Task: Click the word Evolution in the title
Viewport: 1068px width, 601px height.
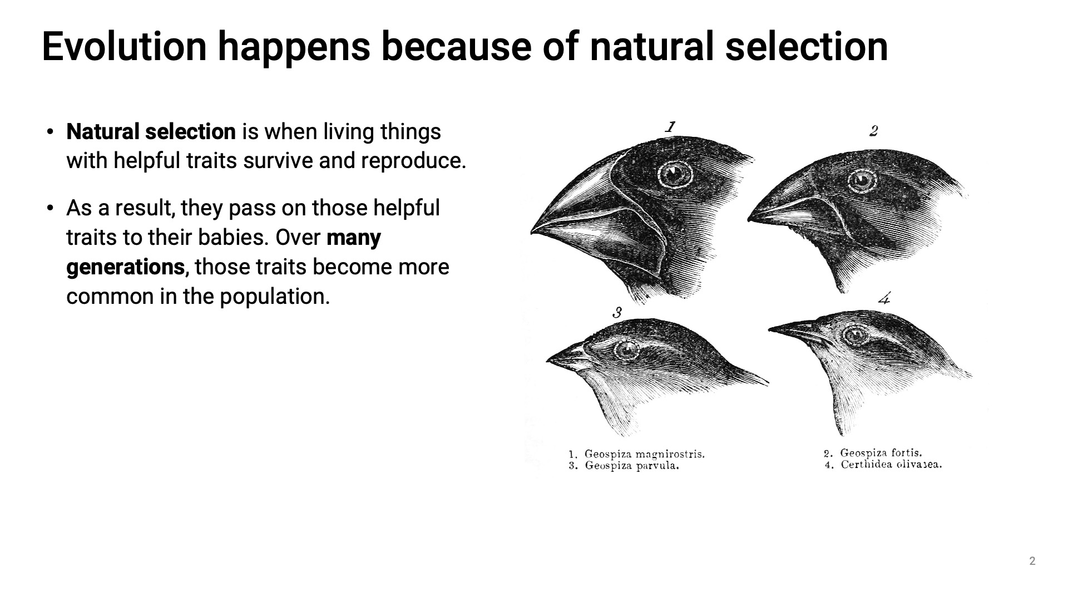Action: [x=124, y=46]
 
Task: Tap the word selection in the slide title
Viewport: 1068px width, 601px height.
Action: [x=807, y=46]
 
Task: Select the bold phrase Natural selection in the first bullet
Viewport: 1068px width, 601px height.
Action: [x=151, y=132]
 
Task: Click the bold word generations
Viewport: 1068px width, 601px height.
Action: [x=126, y=268]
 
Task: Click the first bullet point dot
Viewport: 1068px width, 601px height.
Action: [x=51, y=132]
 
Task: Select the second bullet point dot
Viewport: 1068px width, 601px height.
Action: [x=51, y=209]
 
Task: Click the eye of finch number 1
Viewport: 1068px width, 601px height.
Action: [x=674, y=174]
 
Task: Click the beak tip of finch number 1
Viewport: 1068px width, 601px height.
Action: [x=532, y=231]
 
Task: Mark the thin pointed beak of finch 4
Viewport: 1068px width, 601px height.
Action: [x=793, y=331]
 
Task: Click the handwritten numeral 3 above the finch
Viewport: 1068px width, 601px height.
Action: [x=617, y=313]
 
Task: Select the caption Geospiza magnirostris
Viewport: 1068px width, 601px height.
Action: [x=644, y=454]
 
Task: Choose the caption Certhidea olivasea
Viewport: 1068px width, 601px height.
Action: [x=891, y=465]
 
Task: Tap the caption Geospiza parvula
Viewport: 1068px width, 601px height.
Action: [x=632, y=466]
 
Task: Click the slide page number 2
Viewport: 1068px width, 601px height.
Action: [x=1032, y=561]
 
